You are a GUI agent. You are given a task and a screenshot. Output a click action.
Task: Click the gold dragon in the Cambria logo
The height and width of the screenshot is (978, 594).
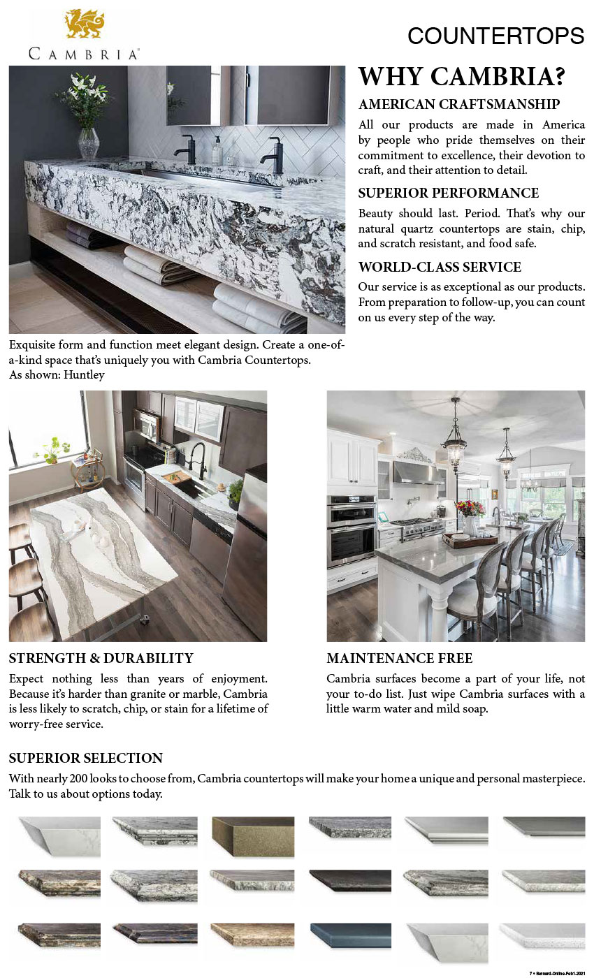click(85, 24)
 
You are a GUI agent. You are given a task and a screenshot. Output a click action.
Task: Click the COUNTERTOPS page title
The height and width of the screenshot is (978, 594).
click(495, 36)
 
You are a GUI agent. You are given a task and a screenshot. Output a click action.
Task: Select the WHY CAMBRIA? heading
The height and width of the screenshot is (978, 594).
click(461, 76)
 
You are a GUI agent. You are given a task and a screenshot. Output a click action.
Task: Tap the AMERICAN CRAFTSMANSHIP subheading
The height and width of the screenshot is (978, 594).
click(458, 105)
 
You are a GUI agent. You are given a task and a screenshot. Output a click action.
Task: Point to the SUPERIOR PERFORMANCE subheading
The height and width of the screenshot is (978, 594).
click(448, 193)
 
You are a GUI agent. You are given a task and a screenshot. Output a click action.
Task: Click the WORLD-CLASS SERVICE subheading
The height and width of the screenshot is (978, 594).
click(440, 267)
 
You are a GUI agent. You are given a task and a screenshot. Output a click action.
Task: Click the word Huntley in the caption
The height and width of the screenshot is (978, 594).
click(87, 375)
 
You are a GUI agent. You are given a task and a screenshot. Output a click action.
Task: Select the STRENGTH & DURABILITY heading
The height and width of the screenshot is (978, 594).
click(101, 658)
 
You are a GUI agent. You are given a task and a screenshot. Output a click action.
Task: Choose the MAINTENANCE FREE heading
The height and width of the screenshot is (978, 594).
click(399, 658)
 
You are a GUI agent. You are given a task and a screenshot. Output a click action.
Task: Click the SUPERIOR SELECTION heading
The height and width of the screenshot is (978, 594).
click(85, 758)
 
